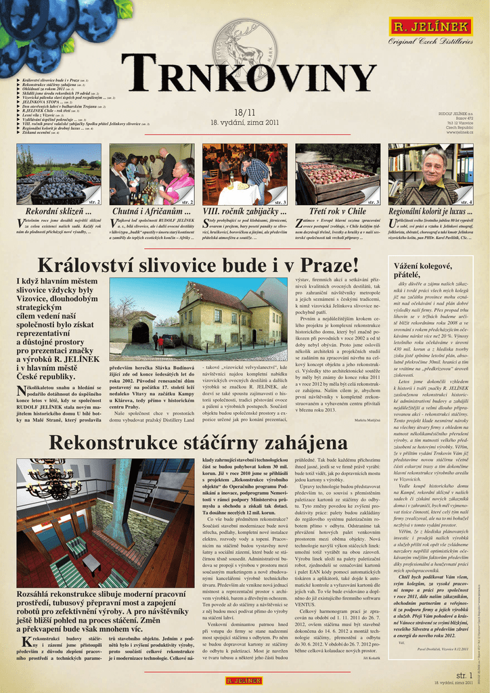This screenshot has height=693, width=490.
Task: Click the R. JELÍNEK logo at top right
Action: click(x=430, y=26)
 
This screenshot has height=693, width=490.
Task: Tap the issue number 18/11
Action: click(x=244, y=112)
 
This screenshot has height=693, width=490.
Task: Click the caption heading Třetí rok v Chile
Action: click(x=337, y=212)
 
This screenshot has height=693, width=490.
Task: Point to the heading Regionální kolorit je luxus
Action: click(x=430, y=212)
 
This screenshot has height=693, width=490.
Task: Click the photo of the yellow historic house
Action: click(x=198, y=319)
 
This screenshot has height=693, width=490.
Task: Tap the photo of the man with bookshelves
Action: click(x=430, y=175)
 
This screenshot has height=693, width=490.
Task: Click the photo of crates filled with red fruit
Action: click(x=337, y=175)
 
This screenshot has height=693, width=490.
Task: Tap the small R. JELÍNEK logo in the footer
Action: click(x=244, y=680)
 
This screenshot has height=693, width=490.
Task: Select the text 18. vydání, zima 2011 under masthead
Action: click(x=244, y=122)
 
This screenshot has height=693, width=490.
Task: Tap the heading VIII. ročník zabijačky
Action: click(x=244, y=212)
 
